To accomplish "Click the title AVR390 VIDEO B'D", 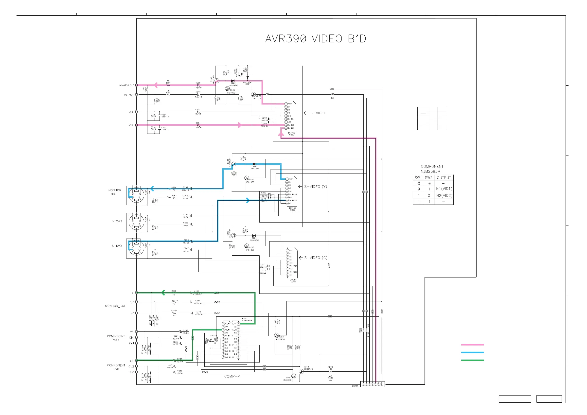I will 316,39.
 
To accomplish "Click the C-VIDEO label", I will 318,113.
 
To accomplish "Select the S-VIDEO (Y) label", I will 316,187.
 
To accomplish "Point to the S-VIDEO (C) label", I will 316,258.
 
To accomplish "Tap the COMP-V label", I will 232,376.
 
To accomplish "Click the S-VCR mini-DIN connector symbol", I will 136,222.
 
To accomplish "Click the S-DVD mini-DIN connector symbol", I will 136,248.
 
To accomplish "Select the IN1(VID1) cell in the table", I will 444,189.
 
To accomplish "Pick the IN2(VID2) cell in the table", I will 444,195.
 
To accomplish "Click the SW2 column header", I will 428,178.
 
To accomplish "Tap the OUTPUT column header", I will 444,178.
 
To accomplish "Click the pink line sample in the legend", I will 472,345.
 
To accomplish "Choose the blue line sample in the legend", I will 472,352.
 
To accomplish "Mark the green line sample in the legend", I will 472,360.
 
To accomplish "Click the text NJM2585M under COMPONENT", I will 430,172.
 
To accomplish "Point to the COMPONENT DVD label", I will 116,367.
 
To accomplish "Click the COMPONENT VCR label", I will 116,338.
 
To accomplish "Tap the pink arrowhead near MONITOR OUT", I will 156,85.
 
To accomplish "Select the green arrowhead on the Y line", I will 163,293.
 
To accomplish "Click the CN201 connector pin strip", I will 372,384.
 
